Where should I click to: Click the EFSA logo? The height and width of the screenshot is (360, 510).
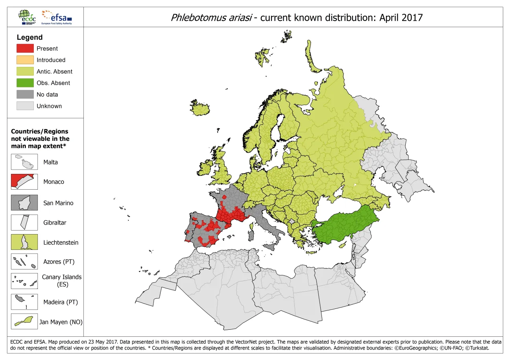click(x=57, y=17)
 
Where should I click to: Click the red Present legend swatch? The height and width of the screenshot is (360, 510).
click(x=25, y=48)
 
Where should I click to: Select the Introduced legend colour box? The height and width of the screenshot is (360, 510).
click(x=25, y=60)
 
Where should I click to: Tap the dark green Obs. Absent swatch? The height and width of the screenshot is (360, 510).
click(x=25, y=83)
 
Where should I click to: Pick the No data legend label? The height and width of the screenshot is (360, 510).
click(x=47, y=94)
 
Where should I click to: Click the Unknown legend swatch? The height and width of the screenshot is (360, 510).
click(x=25, y=106)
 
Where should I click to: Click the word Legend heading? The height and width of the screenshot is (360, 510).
click(x=30, y=37)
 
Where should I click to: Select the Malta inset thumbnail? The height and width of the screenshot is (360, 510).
click(x=24, y=162)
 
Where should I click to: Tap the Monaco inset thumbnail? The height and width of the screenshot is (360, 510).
click(x=24, y=182)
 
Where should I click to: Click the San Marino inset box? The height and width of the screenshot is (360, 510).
click(x=24, y=203)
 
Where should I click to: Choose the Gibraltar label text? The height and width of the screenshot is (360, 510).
click(x=55, y=223)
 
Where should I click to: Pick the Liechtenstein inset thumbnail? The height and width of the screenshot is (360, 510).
click(x=24, y=242)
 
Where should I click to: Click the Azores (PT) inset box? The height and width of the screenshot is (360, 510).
click(x=24, y=262)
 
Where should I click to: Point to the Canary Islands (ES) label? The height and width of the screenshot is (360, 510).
click(x=62, y=281)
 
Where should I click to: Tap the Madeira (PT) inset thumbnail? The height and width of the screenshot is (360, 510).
click(x=24, y=302)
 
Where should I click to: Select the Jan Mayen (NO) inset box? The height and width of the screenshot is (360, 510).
click(x=24, y=321)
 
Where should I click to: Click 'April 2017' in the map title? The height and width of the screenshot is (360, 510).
click(x=401, y=18)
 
